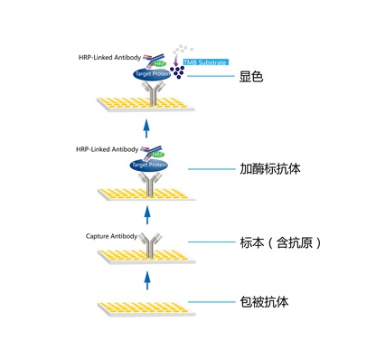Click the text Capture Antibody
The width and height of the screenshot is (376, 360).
pos(110,237)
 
